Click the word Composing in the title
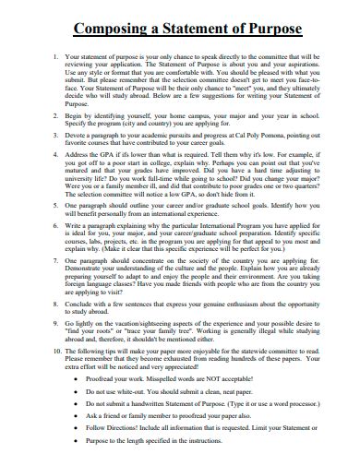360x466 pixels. pos(99,28)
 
